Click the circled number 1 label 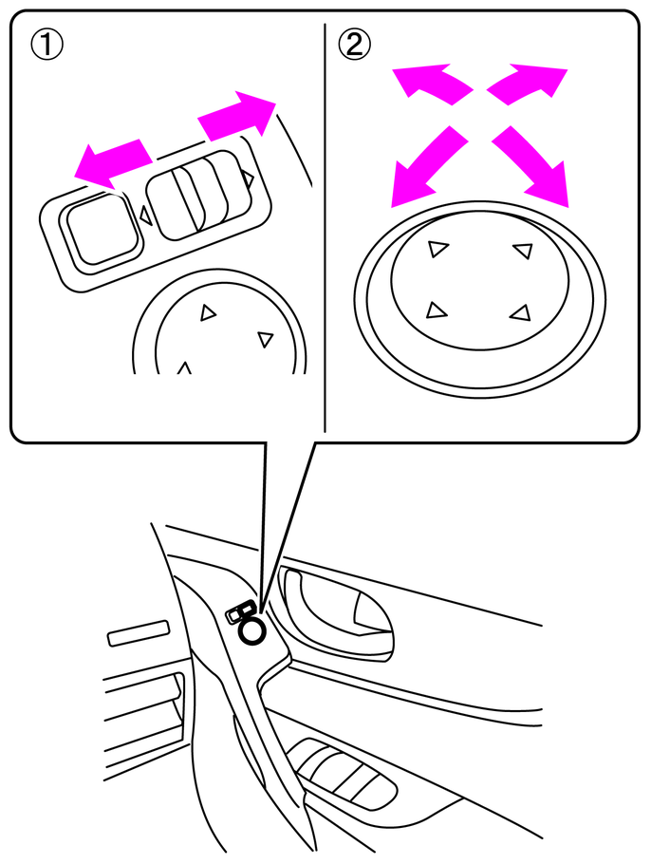coord(46,45)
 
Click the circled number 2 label coord(354,44)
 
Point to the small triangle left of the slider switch coord(146,215)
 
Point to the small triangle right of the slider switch coord(248,178)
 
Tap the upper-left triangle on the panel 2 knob coord(437,249)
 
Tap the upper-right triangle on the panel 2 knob coord(523,251)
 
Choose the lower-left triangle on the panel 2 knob coord(436,310)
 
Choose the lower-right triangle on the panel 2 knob coord(521,312)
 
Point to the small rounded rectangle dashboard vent coord(139,632)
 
